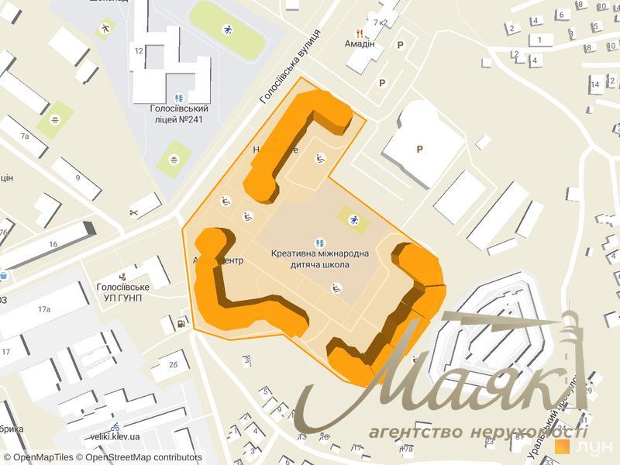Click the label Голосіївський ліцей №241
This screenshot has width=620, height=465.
pyautogui.click(x=180, y=114)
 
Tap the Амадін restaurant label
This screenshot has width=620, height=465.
pyautogui.click(x=360, y=44)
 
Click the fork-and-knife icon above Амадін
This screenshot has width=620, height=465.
pyautogui.click(x=360, y=33)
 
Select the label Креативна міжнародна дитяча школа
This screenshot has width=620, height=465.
pyautogui.click(x=320, y=258)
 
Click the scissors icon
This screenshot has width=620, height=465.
pyautogui.click(x=133, y=212)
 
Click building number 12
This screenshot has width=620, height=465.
pyautogui.click(x=139, y=51)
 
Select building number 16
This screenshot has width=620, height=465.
pyautogui.click(x=53, y=244)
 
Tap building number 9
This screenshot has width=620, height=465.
pyautogui.click(x=77, y=177)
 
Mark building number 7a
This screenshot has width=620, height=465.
pyautogui.click(x=25, y=136)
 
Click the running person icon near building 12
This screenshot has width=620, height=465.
pyautogui.click(x=105, y=29)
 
